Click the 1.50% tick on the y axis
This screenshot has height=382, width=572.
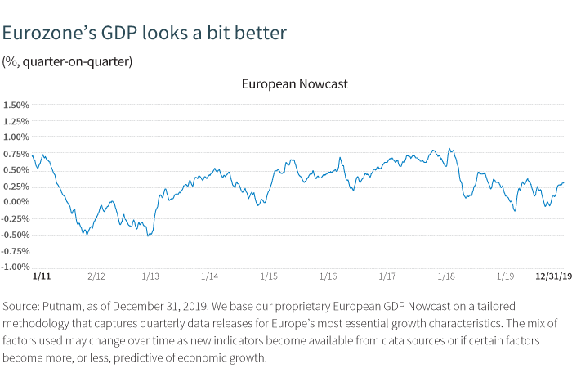click(x=16, y=105)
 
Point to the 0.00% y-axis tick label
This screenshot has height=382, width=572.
click(x=16, y=202)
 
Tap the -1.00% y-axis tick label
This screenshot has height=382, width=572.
click(x=16, y=267)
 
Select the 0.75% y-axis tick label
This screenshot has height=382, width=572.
click(x=16, y=153)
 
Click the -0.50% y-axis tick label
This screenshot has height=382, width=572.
click(x=16, y=234)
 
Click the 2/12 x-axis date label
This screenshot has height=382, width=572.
click(x=96, y=277)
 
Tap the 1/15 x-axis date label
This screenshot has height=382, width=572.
click(x=270, y=277)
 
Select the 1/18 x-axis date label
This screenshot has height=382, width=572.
click(x=446, y=277)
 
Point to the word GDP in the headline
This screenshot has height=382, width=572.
click(x=120, y=34)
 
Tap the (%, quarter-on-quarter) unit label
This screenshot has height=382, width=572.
click(x=67, y=61)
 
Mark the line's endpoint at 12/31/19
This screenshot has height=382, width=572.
click(x=564, y=183)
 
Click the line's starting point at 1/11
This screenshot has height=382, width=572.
click(x=33, y=155)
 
